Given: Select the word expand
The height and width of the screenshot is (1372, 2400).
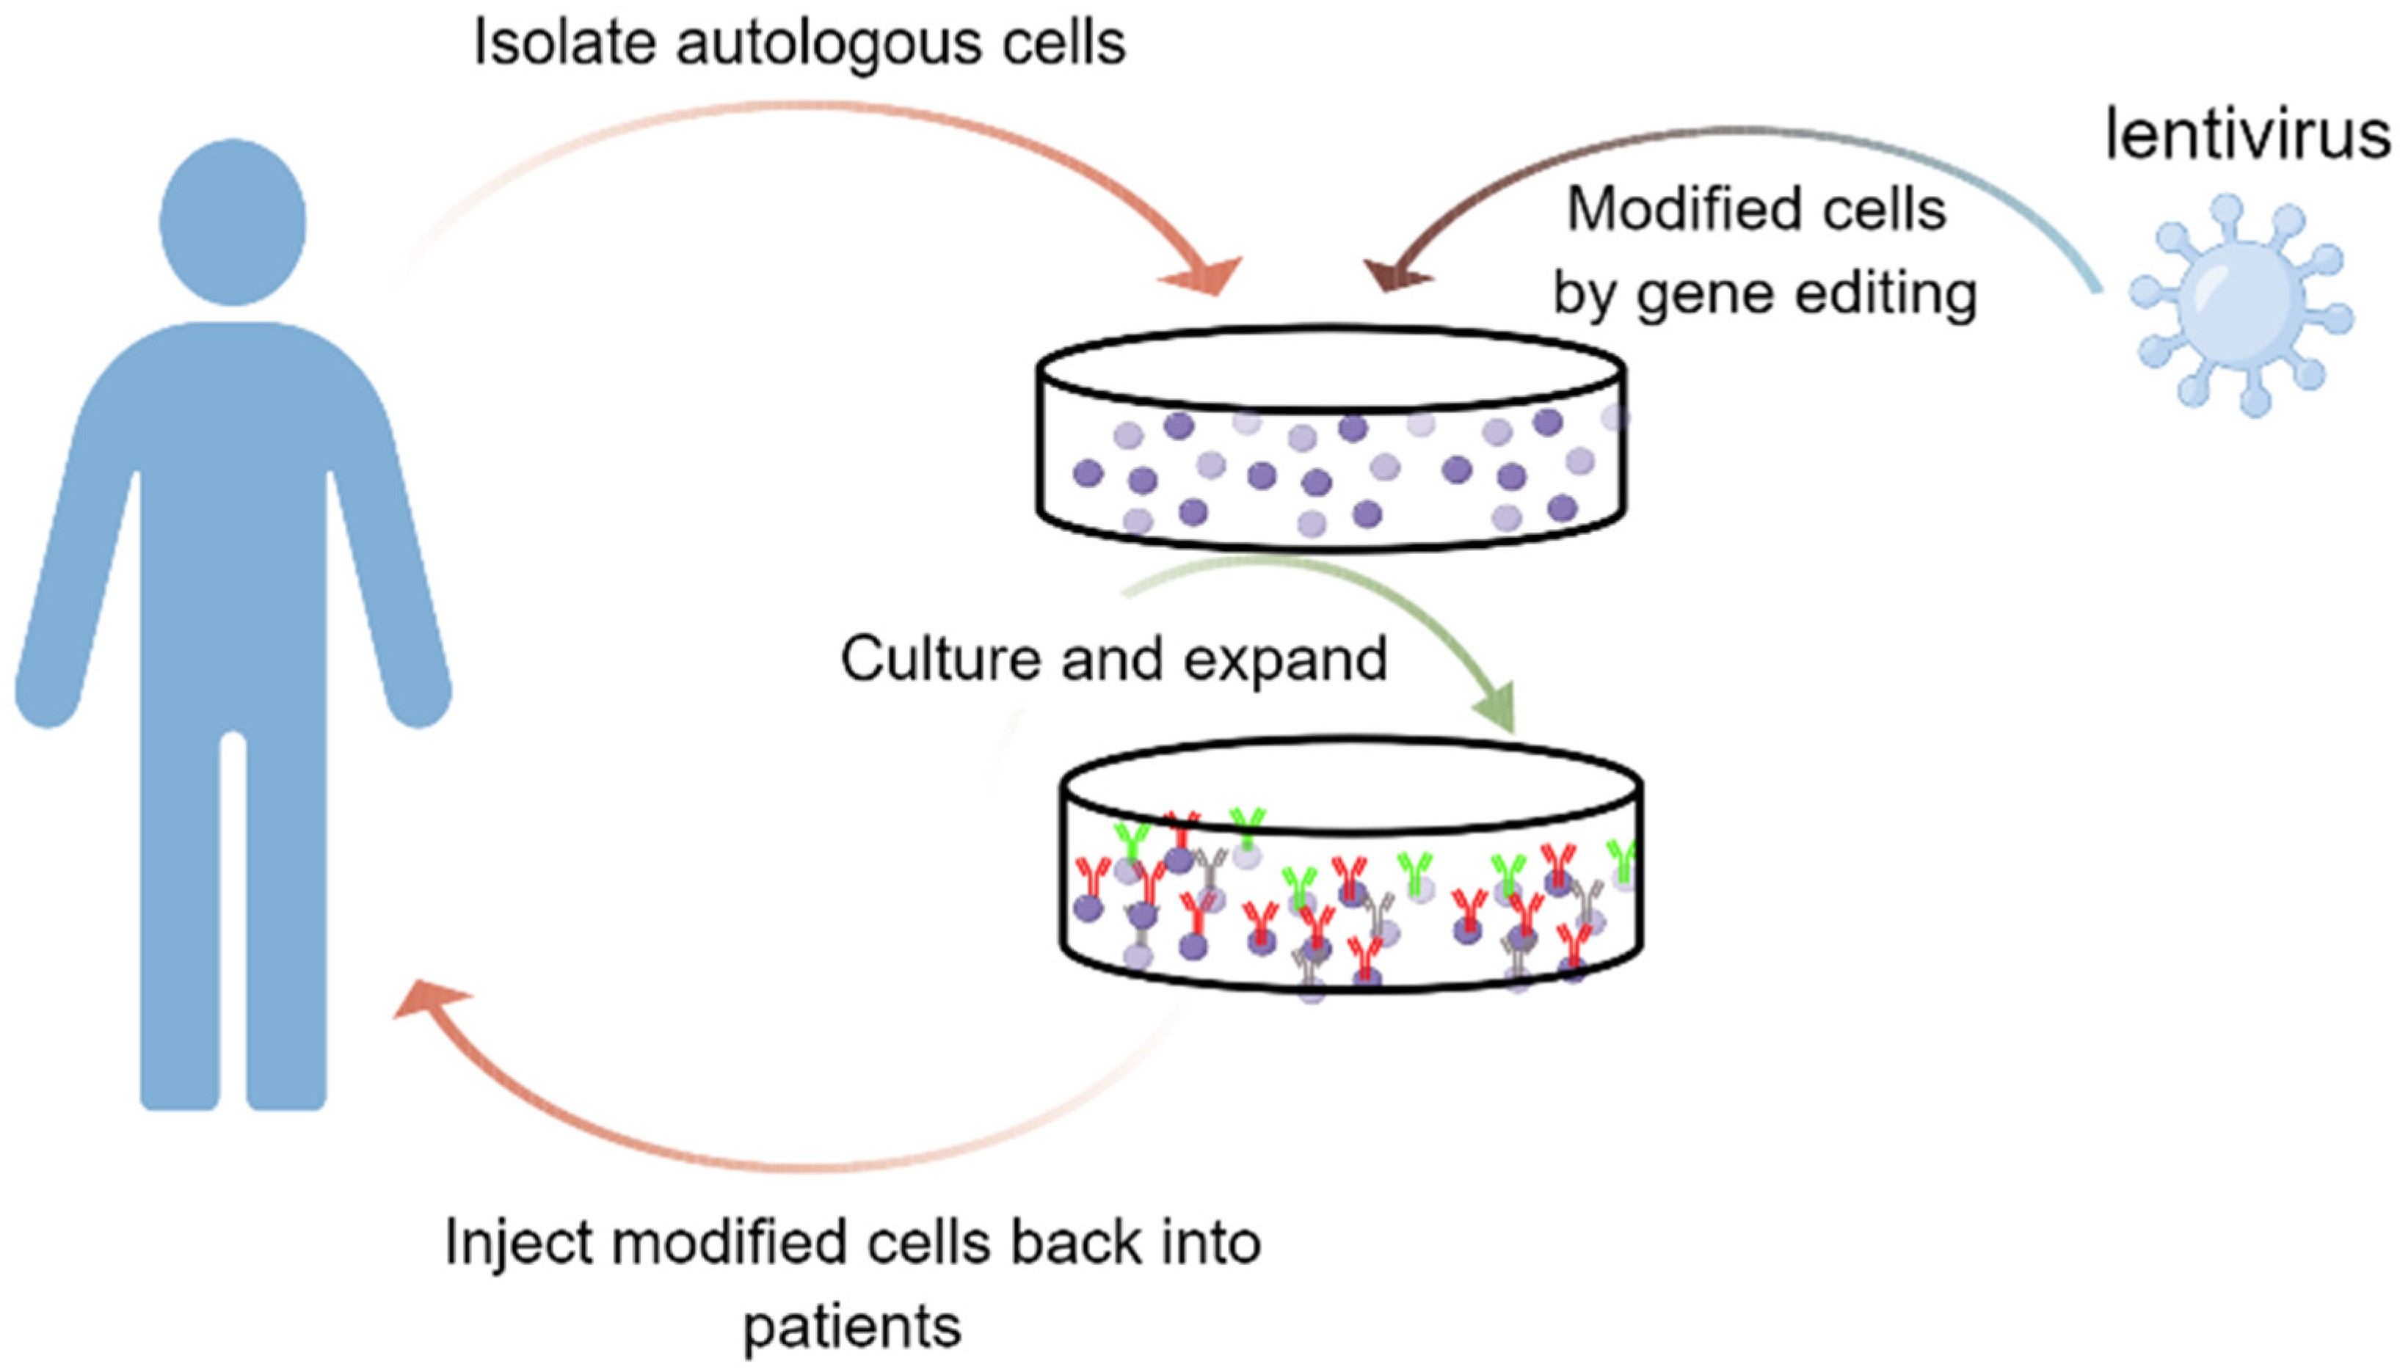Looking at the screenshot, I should tap(1286, 660).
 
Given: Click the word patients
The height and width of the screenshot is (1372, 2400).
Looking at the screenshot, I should tap(852, 1327).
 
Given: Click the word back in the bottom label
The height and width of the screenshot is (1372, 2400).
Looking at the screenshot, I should tap(1070, 1243).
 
